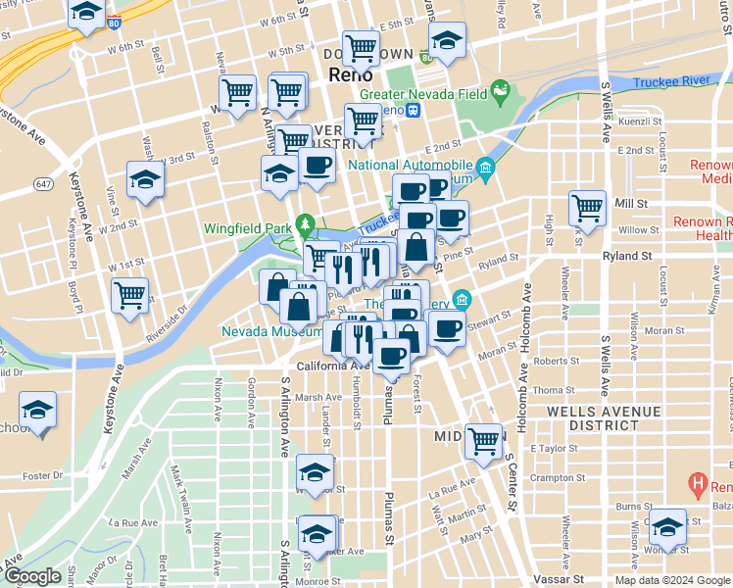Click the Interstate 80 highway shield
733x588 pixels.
click(x=116, y=20)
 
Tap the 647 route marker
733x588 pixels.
click(x=43, y=183)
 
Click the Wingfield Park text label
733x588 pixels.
click(x=247, y=228)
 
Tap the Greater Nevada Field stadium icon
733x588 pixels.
click(x=502, y=94)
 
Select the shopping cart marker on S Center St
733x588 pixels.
click(x=483, y=441)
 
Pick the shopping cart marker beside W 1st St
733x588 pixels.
click(x=129, y=294)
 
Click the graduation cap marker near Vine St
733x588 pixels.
click(x=145, y=179)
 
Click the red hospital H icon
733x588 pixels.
click(x=698, y=483)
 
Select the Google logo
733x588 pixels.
click(x=32, y=576)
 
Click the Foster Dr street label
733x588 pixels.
click(x=43, y=475)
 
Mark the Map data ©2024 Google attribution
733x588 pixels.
click(x=672, y=580)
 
